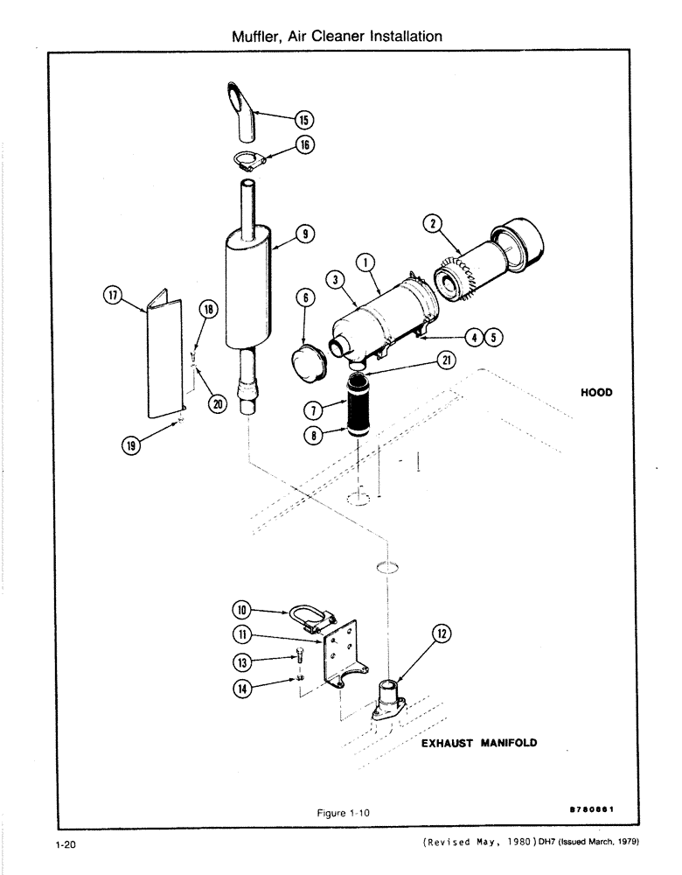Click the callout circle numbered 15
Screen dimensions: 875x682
303,120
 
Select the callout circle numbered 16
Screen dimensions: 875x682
303,145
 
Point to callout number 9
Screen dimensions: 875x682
303,234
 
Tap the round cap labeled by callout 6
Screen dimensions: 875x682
307,361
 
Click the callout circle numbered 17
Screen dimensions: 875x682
111,297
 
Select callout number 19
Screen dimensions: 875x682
132,444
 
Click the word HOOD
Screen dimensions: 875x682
596,393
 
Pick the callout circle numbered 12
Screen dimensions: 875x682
442,634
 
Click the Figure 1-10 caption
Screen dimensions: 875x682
345,812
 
